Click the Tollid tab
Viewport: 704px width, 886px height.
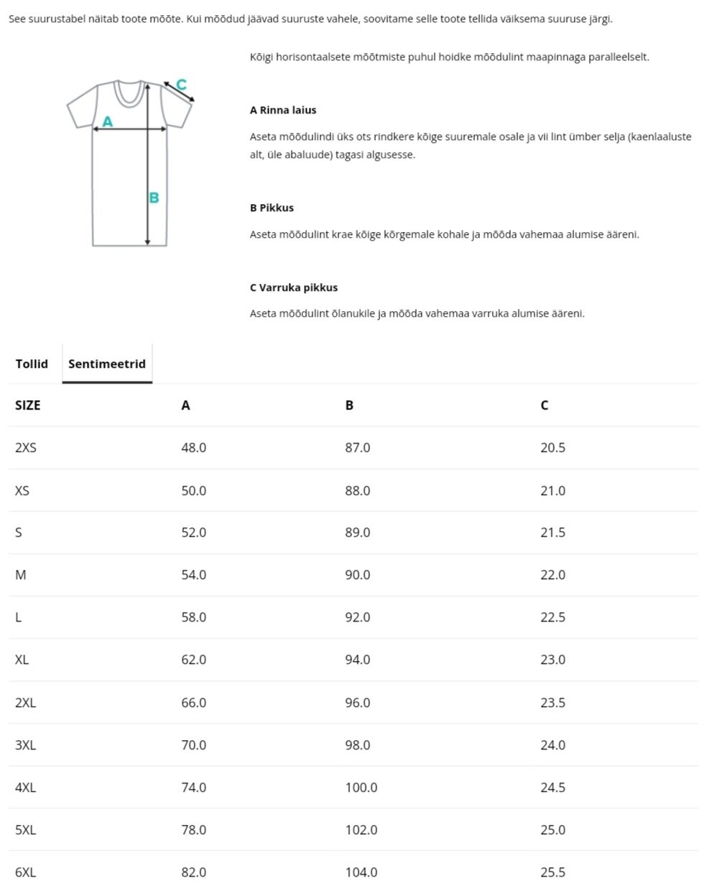tap(32, 364)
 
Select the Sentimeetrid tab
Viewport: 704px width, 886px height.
tap(107, 364)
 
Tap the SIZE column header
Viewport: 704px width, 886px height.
tap(28, 405)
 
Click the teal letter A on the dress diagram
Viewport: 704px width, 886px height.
tap(108, 121)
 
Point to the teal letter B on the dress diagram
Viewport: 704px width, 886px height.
tap(154, 198)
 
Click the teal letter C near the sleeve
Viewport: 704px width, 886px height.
tap(181, 85)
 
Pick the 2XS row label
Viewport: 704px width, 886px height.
tap(26, 448)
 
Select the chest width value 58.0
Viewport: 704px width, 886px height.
tap(193, 617)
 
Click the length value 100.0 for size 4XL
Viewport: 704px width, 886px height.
tap(361, 788)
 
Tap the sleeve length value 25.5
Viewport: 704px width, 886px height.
tap(552, 872)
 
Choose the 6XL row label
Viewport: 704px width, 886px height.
tap(25, 872)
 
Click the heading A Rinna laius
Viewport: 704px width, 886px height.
tap(283, 110)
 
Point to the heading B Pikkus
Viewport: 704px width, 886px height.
tap(272, 208)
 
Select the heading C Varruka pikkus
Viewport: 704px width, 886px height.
tap(294, 287)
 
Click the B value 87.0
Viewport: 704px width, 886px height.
tap(357, 448)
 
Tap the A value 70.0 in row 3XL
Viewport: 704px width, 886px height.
tap(193, 745)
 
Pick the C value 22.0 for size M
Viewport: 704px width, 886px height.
tap(552, 575)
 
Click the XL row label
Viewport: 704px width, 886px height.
tap(22, 660)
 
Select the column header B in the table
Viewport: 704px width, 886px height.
tap(349, 405)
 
